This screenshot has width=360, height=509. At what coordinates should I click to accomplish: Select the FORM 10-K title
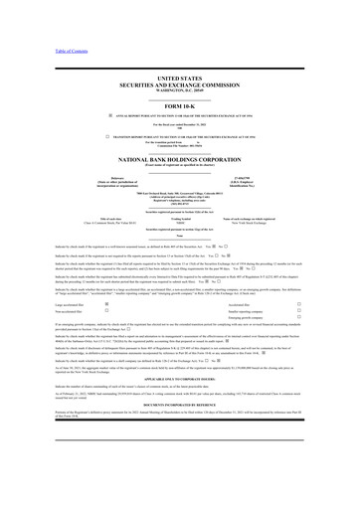tap(179, 106)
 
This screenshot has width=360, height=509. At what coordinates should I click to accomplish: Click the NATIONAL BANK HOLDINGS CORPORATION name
tap(179, 159)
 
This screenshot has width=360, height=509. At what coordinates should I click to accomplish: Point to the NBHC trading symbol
tap(179, 226)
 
